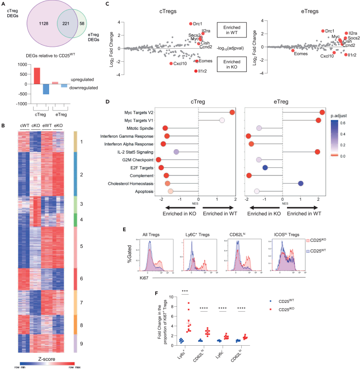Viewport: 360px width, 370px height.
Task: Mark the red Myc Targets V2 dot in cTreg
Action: [x=232, y=112]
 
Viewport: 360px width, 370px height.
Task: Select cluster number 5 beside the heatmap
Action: [x=82, y=247]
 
